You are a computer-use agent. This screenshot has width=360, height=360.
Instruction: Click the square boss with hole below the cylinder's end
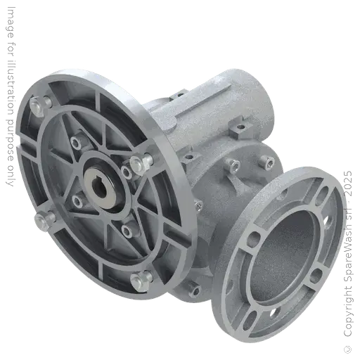(240, 129)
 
